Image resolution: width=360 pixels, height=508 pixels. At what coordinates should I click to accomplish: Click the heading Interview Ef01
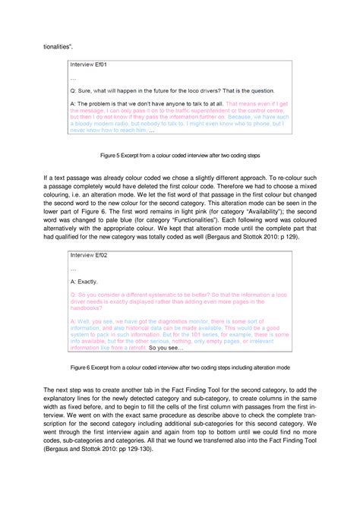90,65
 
